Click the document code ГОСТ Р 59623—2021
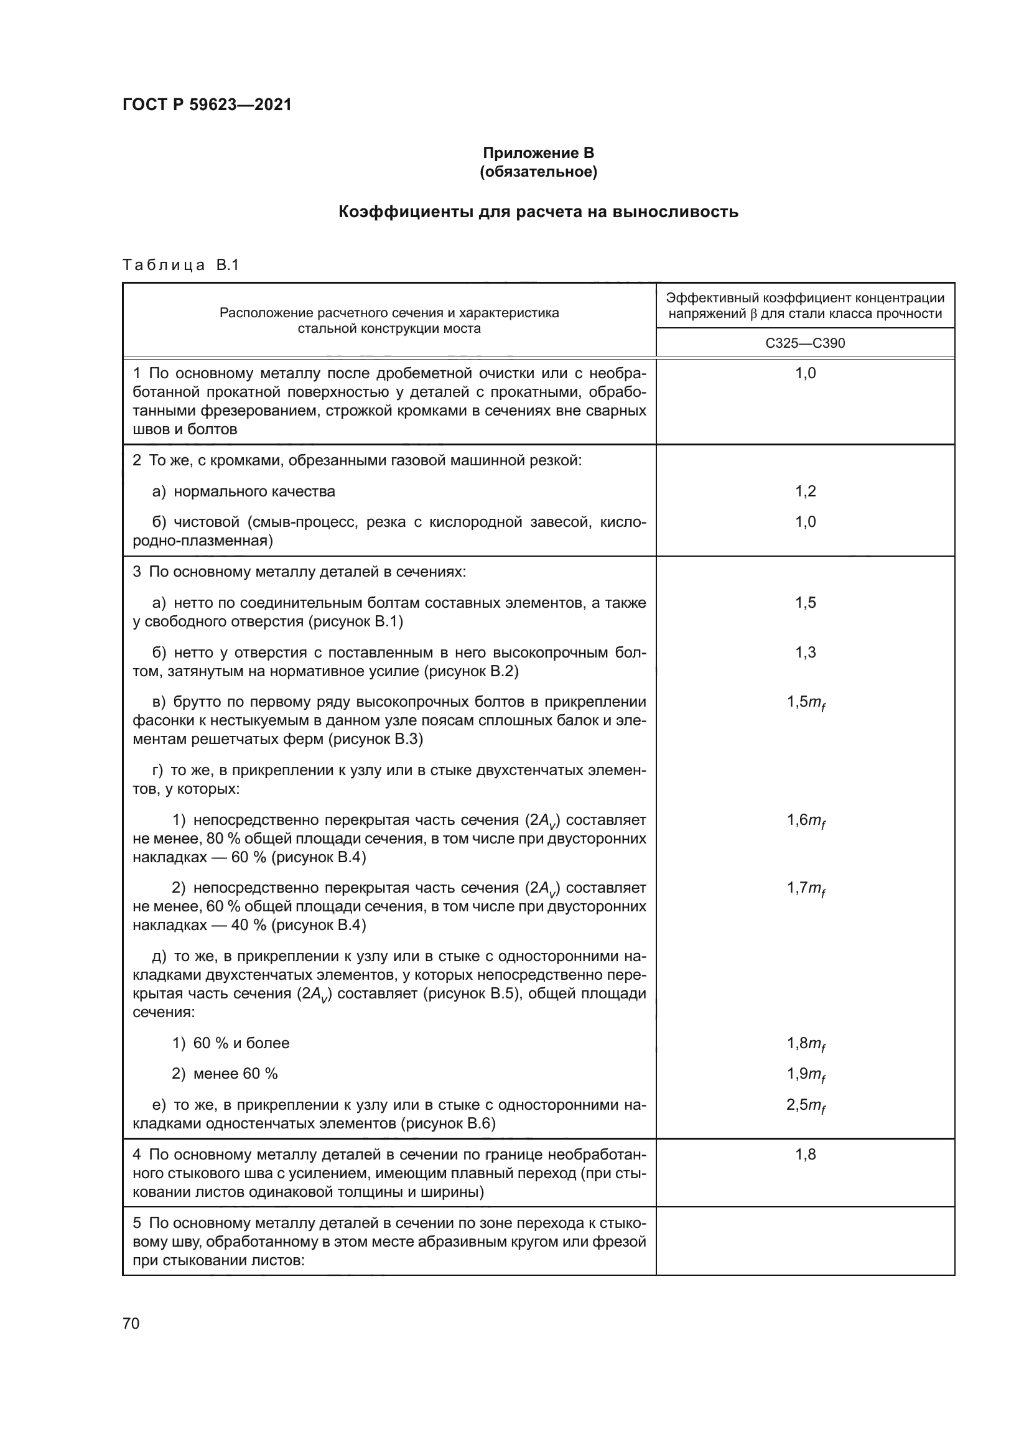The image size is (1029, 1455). coord(207,105)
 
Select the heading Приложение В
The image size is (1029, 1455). coord(538,153)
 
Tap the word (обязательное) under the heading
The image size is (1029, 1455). coord(538,172)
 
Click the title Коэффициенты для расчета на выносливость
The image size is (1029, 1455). coord(538,212)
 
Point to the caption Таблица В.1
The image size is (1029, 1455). coord(180,265)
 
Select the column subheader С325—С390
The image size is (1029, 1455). coord(804,343)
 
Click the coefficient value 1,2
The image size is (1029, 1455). coord(805,491)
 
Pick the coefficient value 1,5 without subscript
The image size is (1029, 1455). coord(805,603)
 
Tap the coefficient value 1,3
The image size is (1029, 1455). coord(805,652)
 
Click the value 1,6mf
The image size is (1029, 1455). coord(805,820)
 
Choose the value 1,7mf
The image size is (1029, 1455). coord(805,888)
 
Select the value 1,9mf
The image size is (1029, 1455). coord(805,1074)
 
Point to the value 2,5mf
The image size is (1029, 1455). coord(805,1105)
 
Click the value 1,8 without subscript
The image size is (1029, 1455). coord(805,1155)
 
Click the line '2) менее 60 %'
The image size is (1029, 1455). coord(225,1074)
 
